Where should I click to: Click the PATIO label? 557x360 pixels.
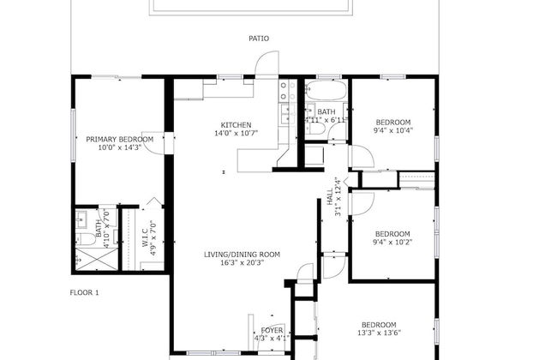pyautogui.click(x=258, y=39)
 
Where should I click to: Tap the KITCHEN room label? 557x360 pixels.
pyautogui.click(x=236, y=123)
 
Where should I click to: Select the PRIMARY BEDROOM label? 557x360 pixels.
pyautogui.click(x=119, y=139)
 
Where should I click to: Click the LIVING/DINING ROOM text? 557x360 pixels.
pyautogui.click(x=243, y=254)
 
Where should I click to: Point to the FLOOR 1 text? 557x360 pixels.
pyautogui.click(x=85, y=293)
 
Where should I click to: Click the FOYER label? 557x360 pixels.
pyautogui.click(x=272, y=330)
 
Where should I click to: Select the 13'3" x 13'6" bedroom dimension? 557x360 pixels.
pyautogui.click(x=378, y=333)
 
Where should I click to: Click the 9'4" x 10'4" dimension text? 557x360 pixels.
pyautogui.click(x=392, y=131)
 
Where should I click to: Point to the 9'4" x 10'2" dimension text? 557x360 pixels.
pyautogui.click(x=392, y=243)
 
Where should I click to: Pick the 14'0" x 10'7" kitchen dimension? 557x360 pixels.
pyautogui.click(x=236, y=133)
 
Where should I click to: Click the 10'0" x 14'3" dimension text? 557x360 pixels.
pyautogui.click(x=119, y=148)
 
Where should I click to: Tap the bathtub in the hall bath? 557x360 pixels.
pyautogui.click(x=326, y=91)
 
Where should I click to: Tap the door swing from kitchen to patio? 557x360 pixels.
pyautogui.click(x=268, y=65)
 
